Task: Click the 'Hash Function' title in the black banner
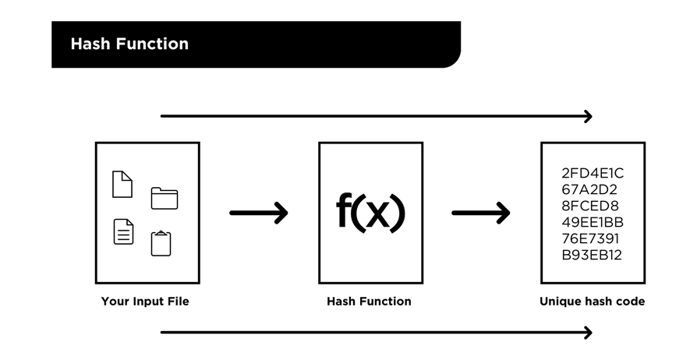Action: tap(129, 44)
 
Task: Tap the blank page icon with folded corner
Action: tap(122, 184)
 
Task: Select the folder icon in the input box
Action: tap(164, 198)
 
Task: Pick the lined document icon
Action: tap(123, 231)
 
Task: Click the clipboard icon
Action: tap(161, 243)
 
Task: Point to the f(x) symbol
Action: tap(370, 211)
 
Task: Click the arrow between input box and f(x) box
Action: tap(259, 212)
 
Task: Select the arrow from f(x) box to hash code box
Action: tap(481, 212)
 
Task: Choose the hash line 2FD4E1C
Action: tap(593, 173)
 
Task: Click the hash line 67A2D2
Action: tap(589, 189)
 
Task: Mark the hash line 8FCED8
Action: tap(590, 206)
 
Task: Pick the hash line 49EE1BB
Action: tap(593, 222)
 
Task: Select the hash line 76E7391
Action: tap(590, 238)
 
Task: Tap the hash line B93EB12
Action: tap(592, 255)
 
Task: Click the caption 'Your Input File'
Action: tap(145, 301)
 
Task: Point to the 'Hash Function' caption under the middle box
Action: tap(369, 301)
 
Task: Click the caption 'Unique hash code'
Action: tap(592, 301)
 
